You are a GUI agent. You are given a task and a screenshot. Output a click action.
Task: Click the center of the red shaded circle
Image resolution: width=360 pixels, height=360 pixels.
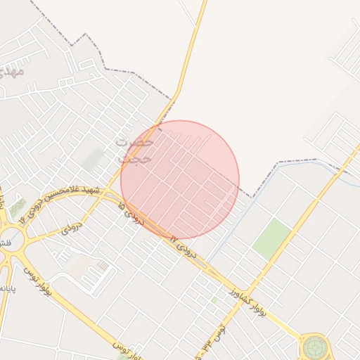pos(180,179)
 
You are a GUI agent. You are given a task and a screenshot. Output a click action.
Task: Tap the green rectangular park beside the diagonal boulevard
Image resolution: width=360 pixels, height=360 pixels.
pos(272,238)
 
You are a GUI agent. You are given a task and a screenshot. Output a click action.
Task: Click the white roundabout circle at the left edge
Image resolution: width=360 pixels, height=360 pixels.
pos(11,240)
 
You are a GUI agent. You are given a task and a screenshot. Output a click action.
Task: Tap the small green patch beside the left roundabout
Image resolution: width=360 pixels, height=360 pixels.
pos(17,208)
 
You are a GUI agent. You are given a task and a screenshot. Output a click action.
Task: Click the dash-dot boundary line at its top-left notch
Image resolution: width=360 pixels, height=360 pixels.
pos(105,68)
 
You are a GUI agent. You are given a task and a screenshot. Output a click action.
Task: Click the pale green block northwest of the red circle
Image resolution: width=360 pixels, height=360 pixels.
pos(92,157)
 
